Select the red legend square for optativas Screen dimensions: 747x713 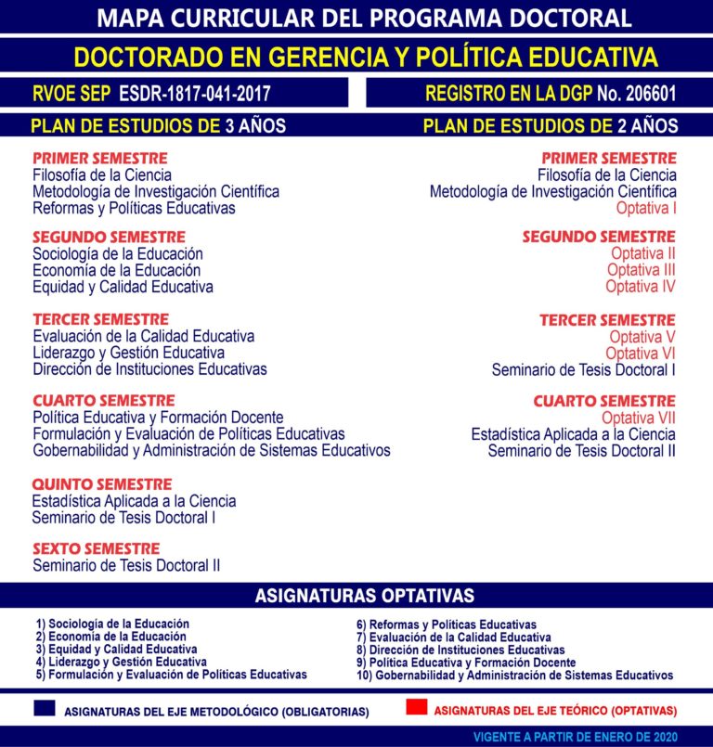417,708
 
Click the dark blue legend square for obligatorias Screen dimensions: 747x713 43,708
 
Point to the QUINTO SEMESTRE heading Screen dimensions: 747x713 102,484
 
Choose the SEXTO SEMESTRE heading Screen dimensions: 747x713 97,548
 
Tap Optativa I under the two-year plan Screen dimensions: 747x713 646,208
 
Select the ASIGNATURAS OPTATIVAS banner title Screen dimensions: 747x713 364,596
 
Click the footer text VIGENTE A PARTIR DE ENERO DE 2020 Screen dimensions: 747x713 589,736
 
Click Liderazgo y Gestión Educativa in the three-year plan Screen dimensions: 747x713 128,353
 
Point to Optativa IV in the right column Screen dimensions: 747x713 641,287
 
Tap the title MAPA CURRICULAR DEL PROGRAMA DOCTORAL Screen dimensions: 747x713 364,18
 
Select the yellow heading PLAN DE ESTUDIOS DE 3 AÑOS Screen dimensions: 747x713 158,126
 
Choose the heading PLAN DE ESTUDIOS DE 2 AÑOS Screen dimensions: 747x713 550,126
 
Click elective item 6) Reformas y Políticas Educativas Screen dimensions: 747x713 447,625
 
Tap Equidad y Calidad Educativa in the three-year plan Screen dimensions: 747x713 123,287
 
